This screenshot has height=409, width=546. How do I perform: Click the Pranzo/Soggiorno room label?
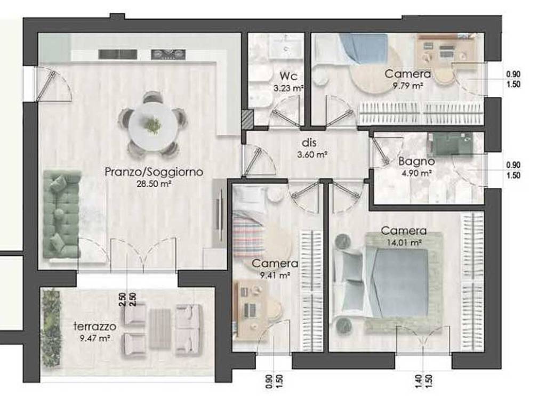154,172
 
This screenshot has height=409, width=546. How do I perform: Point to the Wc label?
288,76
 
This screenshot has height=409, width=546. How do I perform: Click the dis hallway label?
309,143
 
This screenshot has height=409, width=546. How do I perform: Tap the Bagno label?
416,161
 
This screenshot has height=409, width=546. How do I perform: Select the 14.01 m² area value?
404,242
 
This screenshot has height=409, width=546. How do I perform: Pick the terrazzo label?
95,326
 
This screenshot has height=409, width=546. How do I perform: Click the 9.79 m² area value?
408,86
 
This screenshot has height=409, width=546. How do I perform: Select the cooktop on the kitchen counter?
168,54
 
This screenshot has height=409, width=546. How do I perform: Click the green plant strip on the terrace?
51,328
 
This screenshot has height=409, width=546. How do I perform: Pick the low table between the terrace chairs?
160,329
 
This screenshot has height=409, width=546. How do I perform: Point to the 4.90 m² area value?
416,173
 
